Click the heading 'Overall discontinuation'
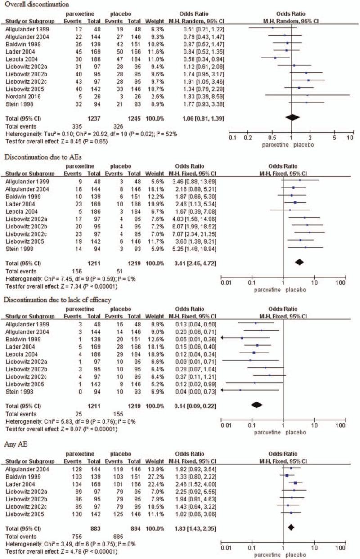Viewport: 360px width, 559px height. (35, 4)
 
